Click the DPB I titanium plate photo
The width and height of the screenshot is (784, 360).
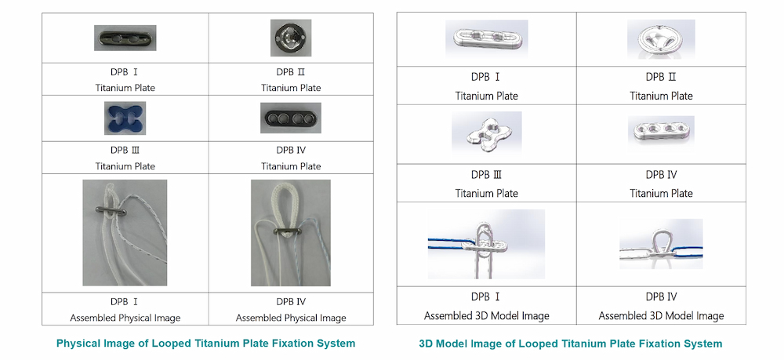pos(125,38)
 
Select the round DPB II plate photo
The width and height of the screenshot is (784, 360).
pos(291,38)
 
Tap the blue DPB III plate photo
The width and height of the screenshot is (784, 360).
pos(125,118)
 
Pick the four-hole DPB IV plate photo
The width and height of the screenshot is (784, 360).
pos(291,118)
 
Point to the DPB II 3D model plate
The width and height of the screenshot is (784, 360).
pos(661,38)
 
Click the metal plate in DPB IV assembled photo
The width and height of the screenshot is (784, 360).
pos(288,231)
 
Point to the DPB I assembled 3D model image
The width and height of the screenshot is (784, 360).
pos(487,244)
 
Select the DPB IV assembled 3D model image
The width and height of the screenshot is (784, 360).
pos(661,244)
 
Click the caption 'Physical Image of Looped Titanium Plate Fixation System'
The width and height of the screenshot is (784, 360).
pos(206,344)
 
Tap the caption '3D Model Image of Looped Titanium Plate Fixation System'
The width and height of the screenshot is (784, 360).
pos(571,344)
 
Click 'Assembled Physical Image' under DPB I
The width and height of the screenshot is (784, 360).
pos(125,318)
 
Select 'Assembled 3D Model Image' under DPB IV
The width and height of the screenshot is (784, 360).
pos(661,316)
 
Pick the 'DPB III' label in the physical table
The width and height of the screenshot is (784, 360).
pos(125,151)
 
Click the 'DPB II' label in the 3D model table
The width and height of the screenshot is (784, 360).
pos(661,77)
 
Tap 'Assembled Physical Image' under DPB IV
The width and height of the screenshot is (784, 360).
pos(291,318)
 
